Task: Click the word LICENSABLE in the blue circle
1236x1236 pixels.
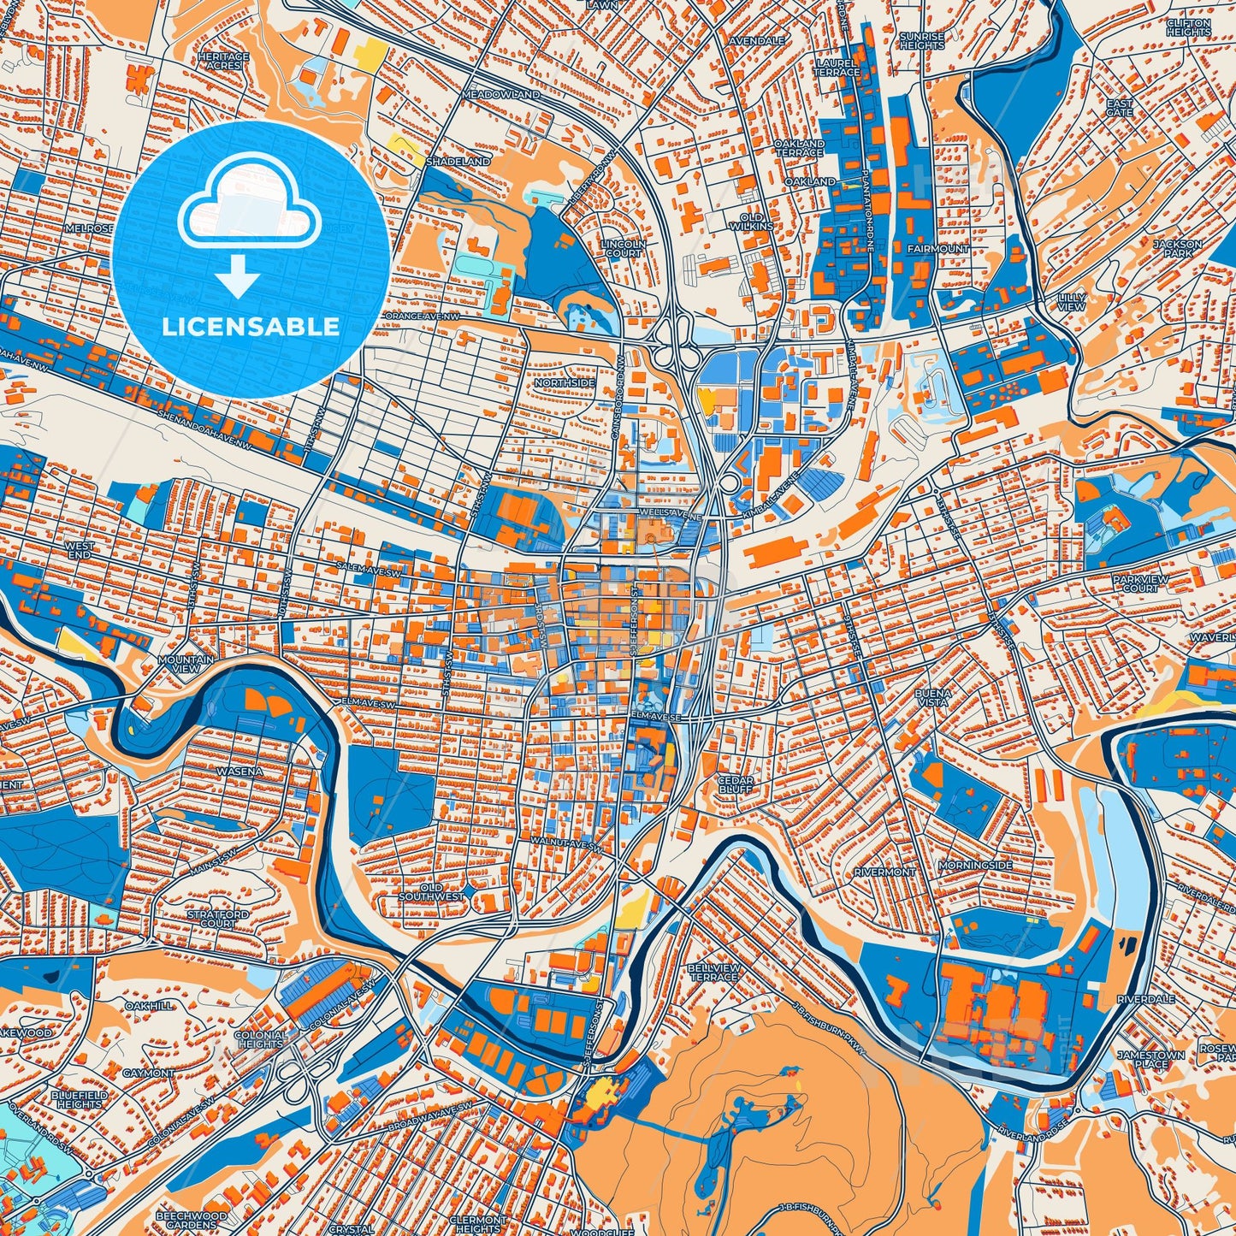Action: (251, 327)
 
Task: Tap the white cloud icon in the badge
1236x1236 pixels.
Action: (249, 210)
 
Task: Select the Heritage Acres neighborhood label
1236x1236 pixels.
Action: (223, 61)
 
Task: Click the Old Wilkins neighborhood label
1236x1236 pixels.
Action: (751, 222)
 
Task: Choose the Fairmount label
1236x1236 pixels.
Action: (937, 248)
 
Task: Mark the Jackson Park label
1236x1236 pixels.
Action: (1177, 248)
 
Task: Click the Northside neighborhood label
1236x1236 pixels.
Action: (565, 382)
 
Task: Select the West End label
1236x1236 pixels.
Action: (80, 549)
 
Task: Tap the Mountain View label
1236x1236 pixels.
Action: (186, 664)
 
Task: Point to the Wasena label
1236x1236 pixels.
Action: (240, 771)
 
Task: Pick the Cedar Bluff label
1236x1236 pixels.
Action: (735, 784)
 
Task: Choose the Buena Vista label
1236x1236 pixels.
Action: (932, 696)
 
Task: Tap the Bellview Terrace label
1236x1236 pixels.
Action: (713, 972)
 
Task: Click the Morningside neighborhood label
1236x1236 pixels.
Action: (975, 866)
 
